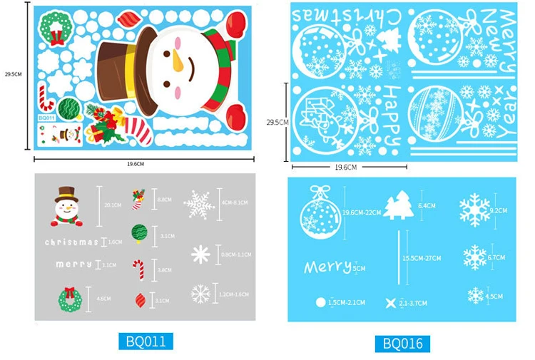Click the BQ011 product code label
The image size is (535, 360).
[146, 341]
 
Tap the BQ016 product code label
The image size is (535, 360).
[402, 344]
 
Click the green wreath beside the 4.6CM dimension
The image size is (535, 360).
[70, 299]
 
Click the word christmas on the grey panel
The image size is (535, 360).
[71, 242]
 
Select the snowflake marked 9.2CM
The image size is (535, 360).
[474, 211]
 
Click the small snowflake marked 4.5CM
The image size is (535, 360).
[475, 295]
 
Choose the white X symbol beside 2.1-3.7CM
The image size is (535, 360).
[390, 303]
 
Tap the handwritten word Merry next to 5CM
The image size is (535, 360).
[327, 267]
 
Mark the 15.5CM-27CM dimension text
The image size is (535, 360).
[422, 258]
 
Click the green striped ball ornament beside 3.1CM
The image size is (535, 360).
[139, 234]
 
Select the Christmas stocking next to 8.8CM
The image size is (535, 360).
[138, 198]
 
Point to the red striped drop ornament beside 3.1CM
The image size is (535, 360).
[140, 300]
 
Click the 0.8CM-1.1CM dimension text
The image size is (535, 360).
[235, 254]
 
